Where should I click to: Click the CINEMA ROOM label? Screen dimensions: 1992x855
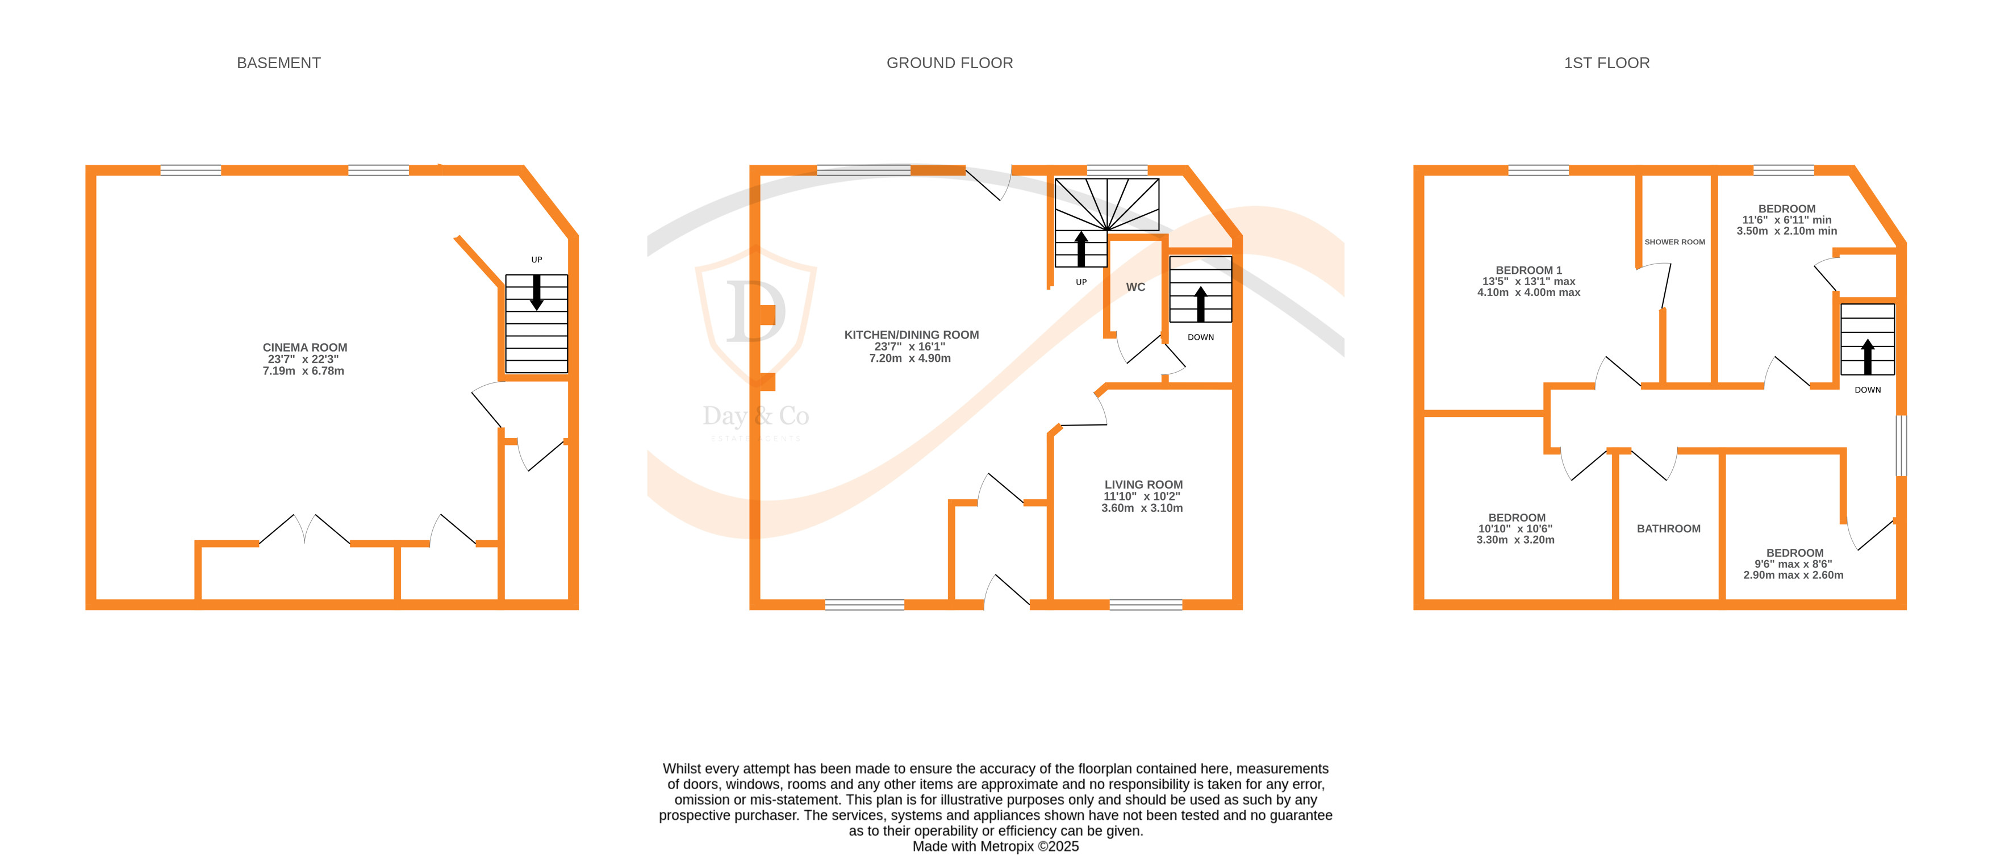pos(304,348)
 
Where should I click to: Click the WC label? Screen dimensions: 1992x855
pos(1135,287)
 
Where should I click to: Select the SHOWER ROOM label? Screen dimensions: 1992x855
pos(1674,242)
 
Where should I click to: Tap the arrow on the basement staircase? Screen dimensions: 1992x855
pos(537,293)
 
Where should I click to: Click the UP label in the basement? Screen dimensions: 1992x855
pos(537,260)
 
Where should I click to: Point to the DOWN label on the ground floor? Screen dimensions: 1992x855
pos(1200,337)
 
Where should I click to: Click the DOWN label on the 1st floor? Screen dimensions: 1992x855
pos(1868,390)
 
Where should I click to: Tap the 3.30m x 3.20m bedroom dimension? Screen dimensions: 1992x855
pos(1515,540)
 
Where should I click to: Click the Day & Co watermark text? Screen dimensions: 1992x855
pos(755,416)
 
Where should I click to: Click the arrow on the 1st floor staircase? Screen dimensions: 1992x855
pos(1868,357)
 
